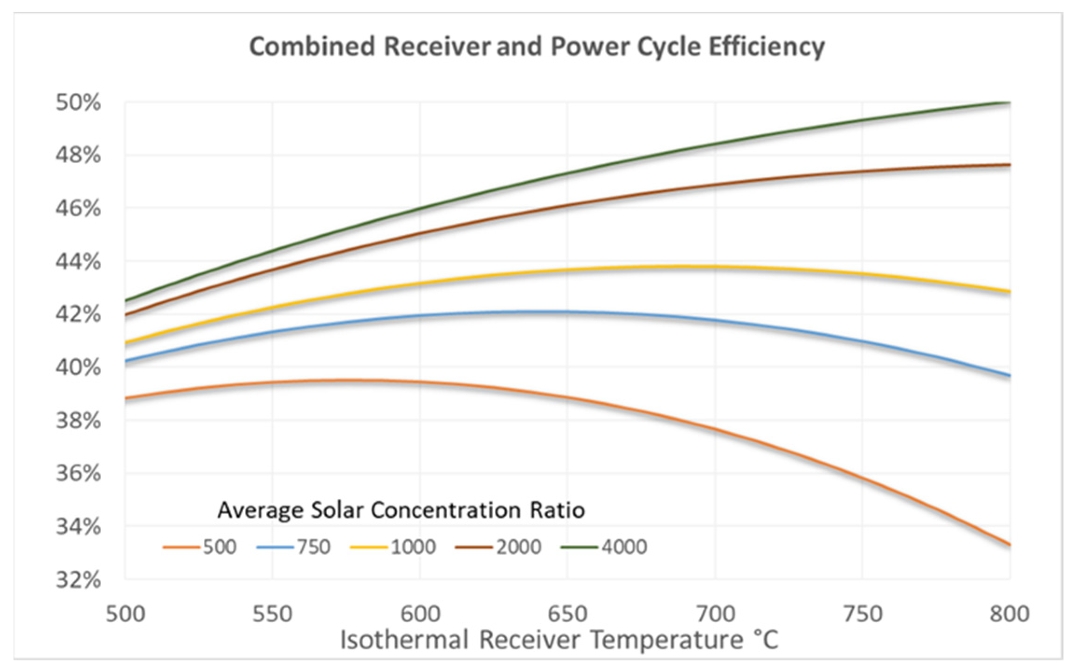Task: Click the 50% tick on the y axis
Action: point(78,103)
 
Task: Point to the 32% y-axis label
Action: point(78,580)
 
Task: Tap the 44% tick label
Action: point(78,262)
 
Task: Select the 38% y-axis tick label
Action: point(78,421)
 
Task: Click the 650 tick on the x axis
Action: point(567,614)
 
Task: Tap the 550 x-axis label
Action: point(272,614)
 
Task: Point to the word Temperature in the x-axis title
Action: point(667,640)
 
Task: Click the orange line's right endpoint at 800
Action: point(1009,544)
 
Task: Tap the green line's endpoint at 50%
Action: point(1008,102)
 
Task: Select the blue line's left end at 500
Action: point(126,361)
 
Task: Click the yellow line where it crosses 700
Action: point(715,267)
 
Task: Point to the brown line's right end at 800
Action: point(1009,165)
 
